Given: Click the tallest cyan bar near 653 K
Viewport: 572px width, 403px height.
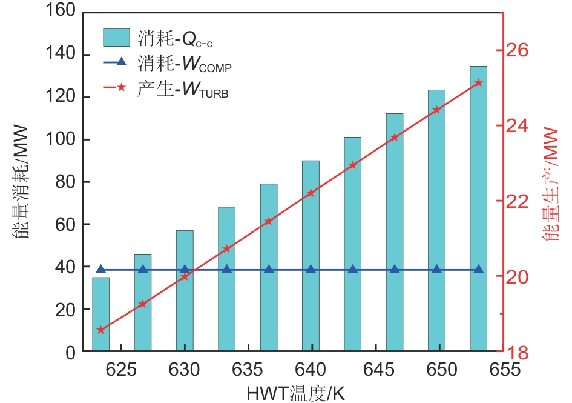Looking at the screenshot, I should click(x=478, y=208).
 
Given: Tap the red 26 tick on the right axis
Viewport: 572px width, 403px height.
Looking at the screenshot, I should click(x=518, y=50).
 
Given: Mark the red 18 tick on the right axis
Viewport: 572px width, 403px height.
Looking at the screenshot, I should click(x=518, y=351).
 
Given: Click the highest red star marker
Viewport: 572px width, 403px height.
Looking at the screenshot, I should click(x=478, y=82).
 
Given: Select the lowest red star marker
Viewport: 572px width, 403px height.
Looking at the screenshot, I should click(x=100, y=330).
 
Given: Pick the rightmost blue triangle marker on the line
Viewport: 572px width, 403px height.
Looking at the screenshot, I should click(x=478, y=269).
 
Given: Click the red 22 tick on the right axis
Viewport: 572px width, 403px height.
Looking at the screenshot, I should click(x=518, y=201).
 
